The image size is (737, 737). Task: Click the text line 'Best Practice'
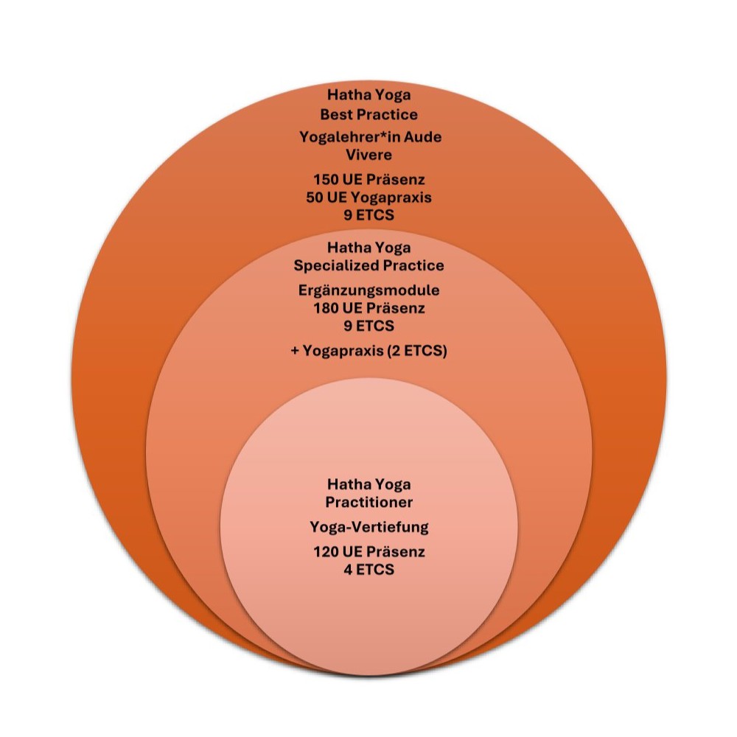coord(368,115)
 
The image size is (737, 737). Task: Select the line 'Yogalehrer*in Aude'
coord(368,137)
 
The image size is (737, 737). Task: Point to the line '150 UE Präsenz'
coord(368,180)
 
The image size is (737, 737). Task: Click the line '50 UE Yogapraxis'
coord(368,198)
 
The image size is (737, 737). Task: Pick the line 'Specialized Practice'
coord(368,265)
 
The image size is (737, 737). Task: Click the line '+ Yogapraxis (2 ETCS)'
coord(368,352)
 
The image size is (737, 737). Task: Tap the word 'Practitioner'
coord(368,502)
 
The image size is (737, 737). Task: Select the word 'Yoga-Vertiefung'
coord(368,527)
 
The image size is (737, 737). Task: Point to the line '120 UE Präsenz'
coord(368,552)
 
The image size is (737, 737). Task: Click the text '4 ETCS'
coord(368,570)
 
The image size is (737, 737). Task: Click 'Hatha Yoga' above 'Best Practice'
coord(368,97)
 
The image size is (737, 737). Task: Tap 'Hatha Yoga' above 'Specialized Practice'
coord(368,248)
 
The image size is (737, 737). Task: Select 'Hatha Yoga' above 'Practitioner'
coord(368,484)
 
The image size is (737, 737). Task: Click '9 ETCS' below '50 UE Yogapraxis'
coord(368,215)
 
